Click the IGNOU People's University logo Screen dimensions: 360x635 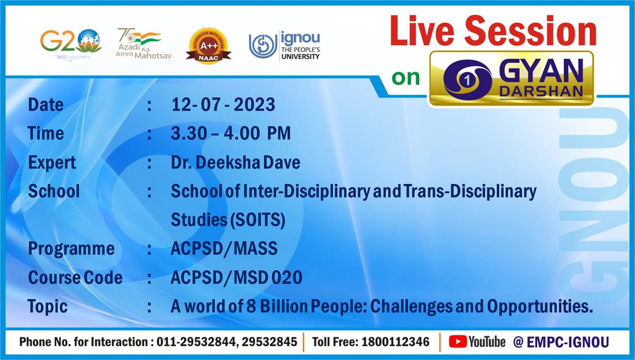pos(285,46)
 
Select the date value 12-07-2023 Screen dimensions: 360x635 pos(223,105)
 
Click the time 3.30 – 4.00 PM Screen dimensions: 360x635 pos(231,134)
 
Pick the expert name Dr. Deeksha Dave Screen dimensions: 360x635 pos(235,163)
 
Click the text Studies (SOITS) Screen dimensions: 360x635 pos(228,220)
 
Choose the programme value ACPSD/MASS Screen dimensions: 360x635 pos(224,249)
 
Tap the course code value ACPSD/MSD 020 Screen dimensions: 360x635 pos(237,277)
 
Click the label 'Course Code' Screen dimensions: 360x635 pos(75,277)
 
